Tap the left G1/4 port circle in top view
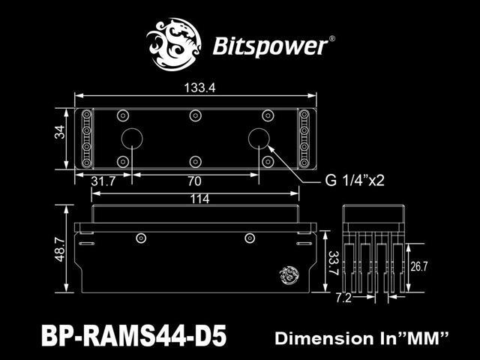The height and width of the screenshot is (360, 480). (132, 139)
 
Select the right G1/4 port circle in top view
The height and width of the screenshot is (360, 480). (259, 139)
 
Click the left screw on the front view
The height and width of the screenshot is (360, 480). (141, 238)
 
